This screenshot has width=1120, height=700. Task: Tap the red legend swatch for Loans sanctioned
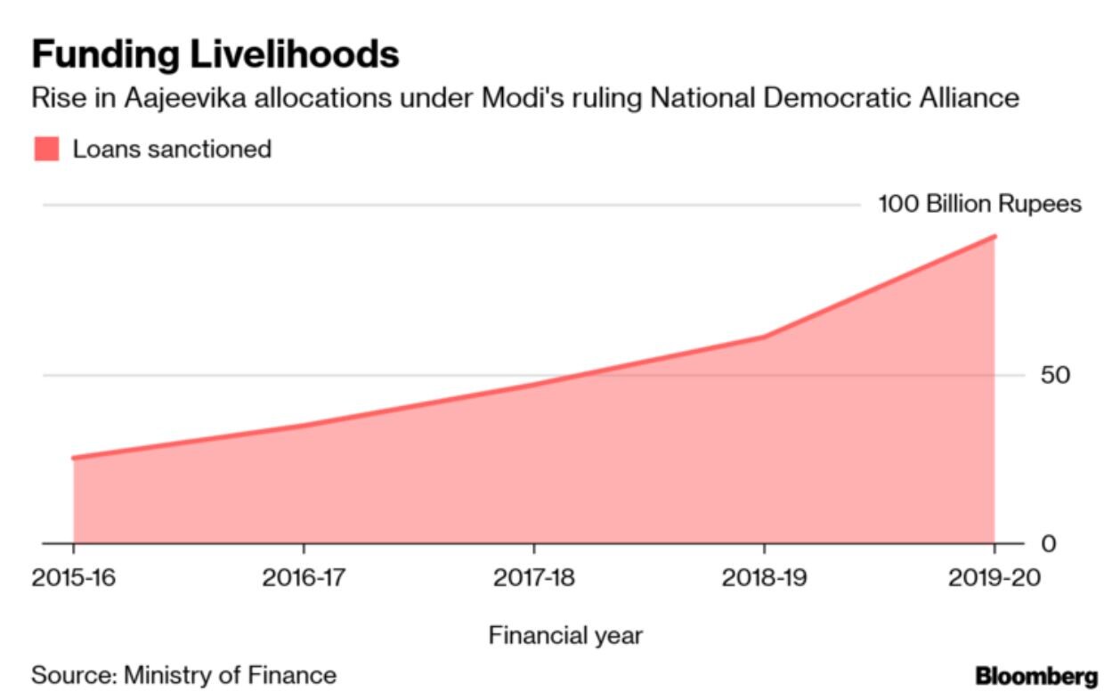46,149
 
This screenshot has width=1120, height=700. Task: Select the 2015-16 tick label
73,579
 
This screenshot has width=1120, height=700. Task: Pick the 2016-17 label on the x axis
304,579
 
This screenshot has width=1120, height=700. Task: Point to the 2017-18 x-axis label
534,579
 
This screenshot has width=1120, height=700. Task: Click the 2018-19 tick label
764,579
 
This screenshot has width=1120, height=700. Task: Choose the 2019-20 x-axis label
994,579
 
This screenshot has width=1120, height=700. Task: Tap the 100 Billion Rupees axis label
979,205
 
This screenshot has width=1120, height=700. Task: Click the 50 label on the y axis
1056,375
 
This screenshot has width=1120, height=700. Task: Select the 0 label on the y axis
1048,543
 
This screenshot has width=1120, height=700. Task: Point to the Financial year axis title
565,636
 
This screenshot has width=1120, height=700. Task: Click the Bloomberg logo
1036,677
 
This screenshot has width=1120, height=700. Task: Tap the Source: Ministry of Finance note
184,675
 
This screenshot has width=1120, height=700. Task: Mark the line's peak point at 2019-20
994,236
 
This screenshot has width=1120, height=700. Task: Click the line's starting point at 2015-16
73,458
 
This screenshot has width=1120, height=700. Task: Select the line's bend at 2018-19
764,337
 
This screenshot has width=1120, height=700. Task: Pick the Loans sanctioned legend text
172,149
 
